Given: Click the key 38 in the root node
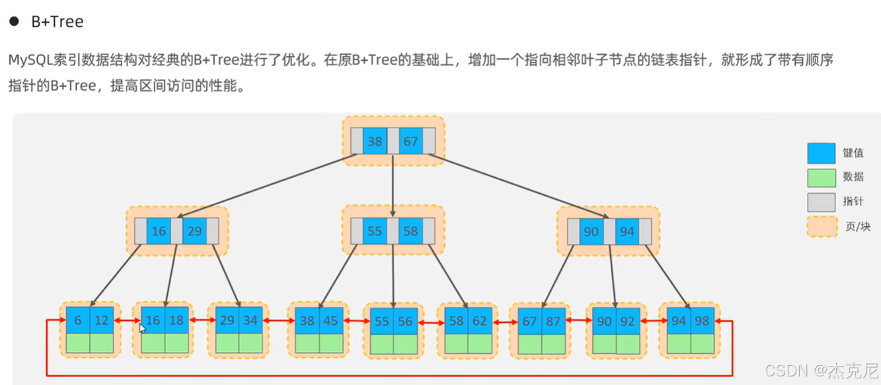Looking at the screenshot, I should pos(375,141).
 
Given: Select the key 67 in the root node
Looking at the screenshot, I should pos(410,141).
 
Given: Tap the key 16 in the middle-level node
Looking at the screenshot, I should pos(159,231).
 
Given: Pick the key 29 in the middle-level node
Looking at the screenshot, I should pos(194,231).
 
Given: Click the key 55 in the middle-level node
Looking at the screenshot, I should pos(375,231).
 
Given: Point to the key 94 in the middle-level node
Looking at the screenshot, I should pos(627,232).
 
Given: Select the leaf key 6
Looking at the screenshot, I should pos(78,320).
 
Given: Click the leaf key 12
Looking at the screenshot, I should pos(102,320).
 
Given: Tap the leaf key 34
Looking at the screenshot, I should pos(250,320).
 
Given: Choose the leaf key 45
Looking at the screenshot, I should pos(331,320).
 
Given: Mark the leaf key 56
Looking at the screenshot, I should pos(405,321).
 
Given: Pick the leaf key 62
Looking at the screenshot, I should pos(480,321).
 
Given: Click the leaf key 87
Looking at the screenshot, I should pos(553,321).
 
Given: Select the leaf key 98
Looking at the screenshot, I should pos(702,320).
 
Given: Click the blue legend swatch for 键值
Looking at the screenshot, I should pos(821,153).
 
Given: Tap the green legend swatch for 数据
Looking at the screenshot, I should pos(821,177).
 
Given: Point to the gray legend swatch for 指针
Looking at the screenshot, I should pos(821,202).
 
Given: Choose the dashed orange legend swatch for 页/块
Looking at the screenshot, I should pos(821,226).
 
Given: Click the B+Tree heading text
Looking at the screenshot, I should pos(57,22).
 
